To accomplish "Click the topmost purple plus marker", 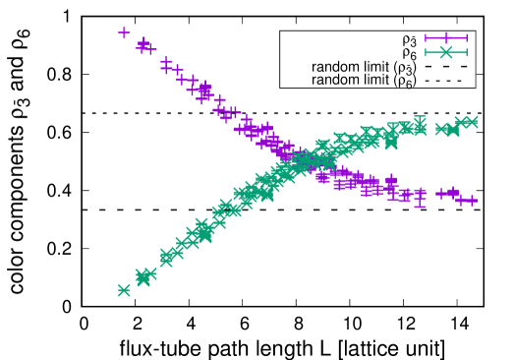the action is pyautogui.click(x=124, y=32).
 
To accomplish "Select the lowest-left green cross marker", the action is pyautogui.click(x=124, y=290).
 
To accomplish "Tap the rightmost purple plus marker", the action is pyautogui.click(x=472, y=201).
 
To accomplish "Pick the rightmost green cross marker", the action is pyautogui.click(x=469, y=122).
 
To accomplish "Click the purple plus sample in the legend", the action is pyautogui.click(x=446, y=39).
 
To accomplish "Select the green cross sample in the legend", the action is pyautogui.click(x=446, y=53).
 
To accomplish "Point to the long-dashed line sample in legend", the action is pyautogui.click(x=446, y=67).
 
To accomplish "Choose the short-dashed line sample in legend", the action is pyautogui.click(x=446, y=81).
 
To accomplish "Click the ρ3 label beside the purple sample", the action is pyautogui.click(x=409, y=40).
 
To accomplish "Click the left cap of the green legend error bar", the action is pyautogui.click(x=426, y=53).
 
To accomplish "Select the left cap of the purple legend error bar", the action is pyautogui.click(x=426, y=39).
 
